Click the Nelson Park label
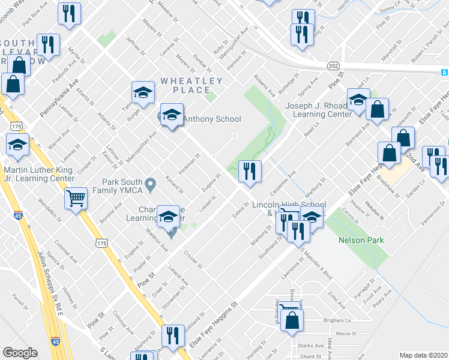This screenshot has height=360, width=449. [361, 241]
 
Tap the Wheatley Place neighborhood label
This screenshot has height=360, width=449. [191, 85]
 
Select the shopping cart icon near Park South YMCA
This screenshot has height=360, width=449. [76, 199]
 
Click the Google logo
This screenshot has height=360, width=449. [20, 353]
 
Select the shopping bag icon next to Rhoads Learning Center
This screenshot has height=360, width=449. [378, 110]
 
